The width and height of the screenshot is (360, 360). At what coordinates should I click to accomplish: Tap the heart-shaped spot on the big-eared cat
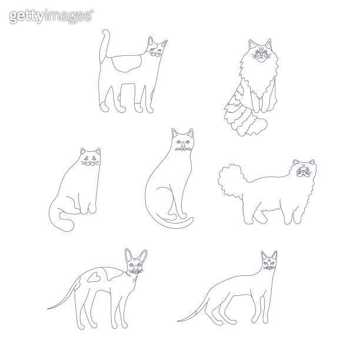click(92, 277)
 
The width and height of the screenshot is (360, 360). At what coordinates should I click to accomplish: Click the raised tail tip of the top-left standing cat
click(105, 34)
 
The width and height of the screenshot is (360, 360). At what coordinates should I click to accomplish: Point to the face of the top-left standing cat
click(156, 52)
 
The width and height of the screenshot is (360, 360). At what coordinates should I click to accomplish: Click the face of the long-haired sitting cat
click(259, 55)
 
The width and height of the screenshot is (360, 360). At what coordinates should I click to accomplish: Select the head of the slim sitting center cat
click(182, 142)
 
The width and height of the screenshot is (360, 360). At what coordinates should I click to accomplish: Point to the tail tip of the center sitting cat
click(191, 219)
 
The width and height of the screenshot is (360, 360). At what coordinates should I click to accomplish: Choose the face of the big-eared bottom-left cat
click(135, 268)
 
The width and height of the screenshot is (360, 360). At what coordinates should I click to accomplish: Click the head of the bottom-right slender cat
click(269, 263)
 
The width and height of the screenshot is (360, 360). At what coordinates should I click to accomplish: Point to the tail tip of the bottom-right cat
click(180, 320)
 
